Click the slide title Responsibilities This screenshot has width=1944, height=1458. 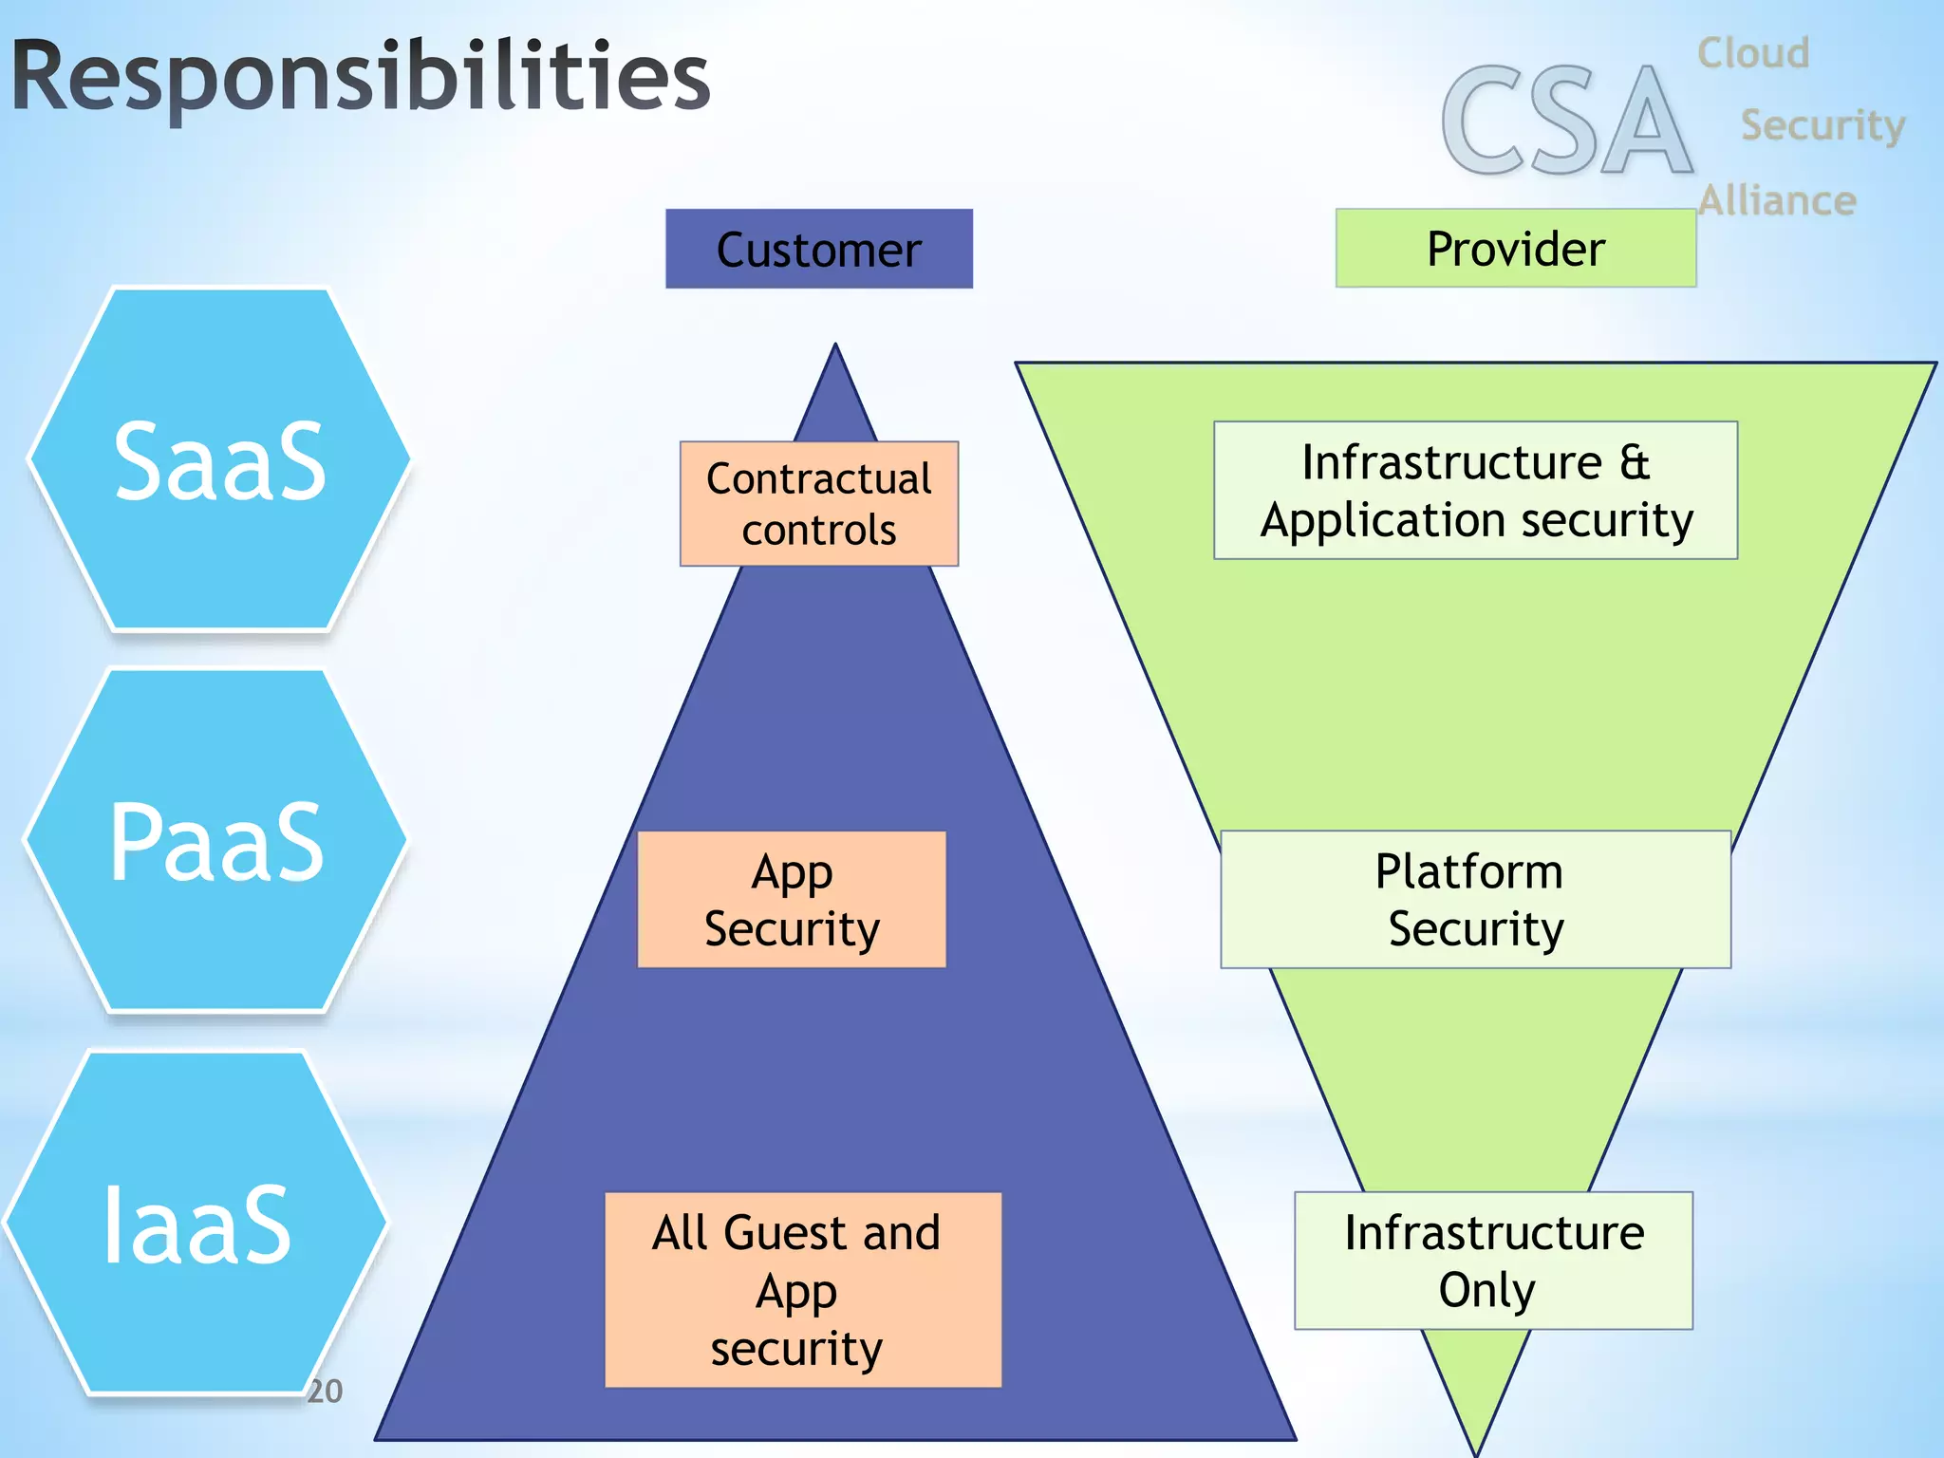pyautogui.click(x=361, y=78)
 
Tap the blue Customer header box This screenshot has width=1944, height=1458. pyautogui.click(x=818, y=249)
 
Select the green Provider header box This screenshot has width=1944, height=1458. pyautogui.click(x=1515, y=249)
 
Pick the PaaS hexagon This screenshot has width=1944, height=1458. pyautogui.click(x=216, y=841)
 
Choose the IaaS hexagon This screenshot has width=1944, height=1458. pyautogui.click(x=197, y=1224)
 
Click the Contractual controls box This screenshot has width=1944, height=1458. pyautogui.click(x=818, y=504)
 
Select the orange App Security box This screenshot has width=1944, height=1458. pyautogui.click(x=792, y=900)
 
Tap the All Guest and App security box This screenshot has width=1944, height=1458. pyautogui.click(x=803, y=1289)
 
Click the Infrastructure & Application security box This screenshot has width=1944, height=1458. pyautogui.click(x=1475, y=491)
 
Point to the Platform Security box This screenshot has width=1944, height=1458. pyautogui.click(x=1475, y=900)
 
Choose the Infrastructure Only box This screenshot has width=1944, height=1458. pyautogui.click(x=1493, y=1261)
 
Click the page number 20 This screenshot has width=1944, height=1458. pyautogui.click(x=325, y=1391)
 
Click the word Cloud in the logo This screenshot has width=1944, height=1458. pyautogui.click(x=1752, y=53)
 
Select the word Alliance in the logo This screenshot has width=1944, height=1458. pyautogui.click(x=1777, y=201)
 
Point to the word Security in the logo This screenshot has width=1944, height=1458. pyautogui.click(x=1822, y=125)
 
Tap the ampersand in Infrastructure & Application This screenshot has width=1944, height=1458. pyautogui.click(x=1635, y=463)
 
